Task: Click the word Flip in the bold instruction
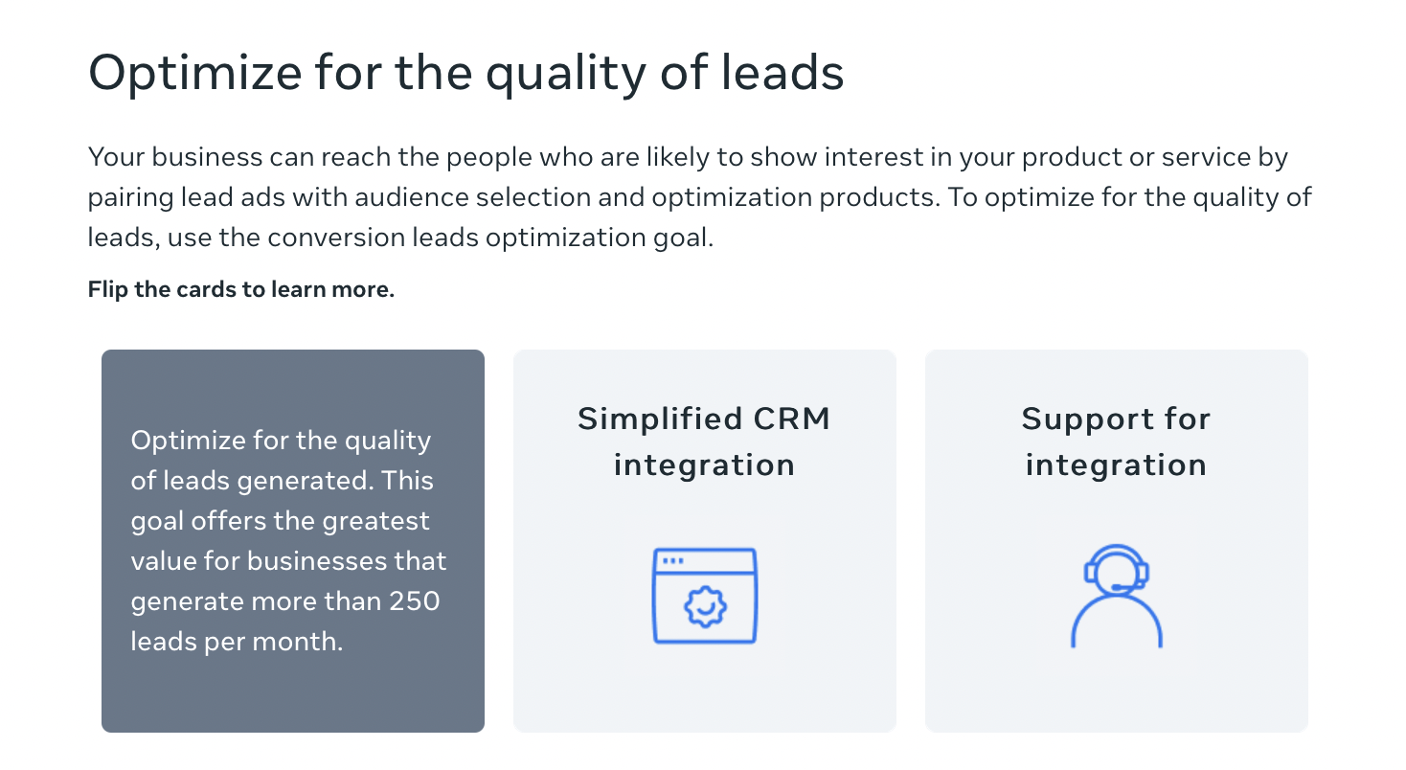tap(107, 290)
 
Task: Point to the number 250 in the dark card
tap(414, 601)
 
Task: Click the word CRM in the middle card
tap(792, 419)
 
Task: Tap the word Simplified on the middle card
tap(660, 419)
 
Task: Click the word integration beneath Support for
tap(1116, 465)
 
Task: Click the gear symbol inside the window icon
tap(704, 604)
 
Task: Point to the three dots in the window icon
tap(673, 560)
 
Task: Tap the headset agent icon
tap(1116, 596)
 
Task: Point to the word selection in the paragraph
tap(574, 198)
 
